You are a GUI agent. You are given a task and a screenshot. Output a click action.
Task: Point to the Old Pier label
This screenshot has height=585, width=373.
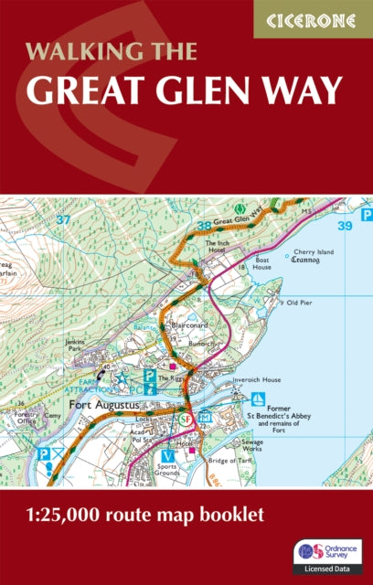click(x=301, y=302)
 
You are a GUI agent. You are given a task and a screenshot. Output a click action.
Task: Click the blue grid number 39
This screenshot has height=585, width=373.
click(x=344, y=225)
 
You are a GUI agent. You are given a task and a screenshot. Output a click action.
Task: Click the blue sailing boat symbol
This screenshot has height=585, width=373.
click(x=259, y=399)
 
